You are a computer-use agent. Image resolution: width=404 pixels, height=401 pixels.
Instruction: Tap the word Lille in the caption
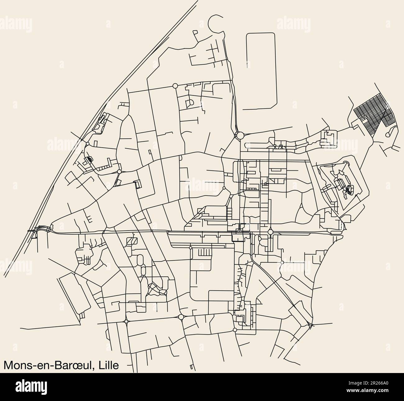(x=108, y=365)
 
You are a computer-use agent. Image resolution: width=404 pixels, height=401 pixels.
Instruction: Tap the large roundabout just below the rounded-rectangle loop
(x=240, y=136)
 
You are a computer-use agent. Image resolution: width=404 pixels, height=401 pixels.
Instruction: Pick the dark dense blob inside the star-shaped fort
(x=350, y=189)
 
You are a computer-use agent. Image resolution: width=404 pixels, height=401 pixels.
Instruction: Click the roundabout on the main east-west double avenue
(x=270, y=232)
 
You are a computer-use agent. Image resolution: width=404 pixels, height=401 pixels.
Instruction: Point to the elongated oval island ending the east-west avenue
(x=335, y=232)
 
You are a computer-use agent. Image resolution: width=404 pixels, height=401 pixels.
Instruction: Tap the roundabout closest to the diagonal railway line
(x=88, y=144)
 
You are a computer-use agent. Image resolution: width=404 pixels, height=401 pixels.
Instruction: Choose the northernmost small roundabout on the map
(x=175, y=85)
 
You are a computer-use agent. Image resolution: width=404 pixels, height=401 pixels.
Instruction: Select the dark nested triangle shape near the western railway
(x=89, y=159)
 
